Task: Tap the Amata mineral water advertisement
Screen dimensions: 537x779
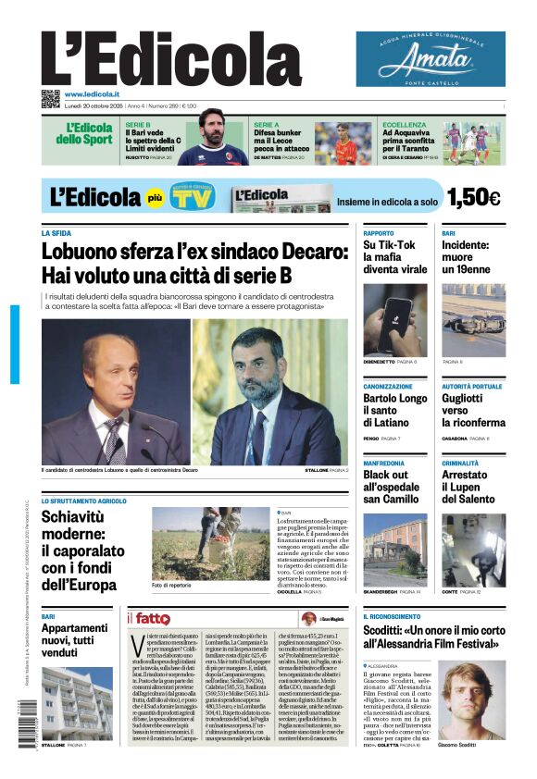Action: [431, 59]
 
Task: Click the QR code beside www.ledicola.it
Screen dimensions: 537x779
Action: [50, 96]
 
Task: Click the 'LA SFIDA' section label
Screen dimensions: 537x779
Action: [56, 234]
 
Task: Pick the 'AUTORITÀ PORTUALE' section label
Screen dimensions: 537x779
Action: [472, 386]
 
